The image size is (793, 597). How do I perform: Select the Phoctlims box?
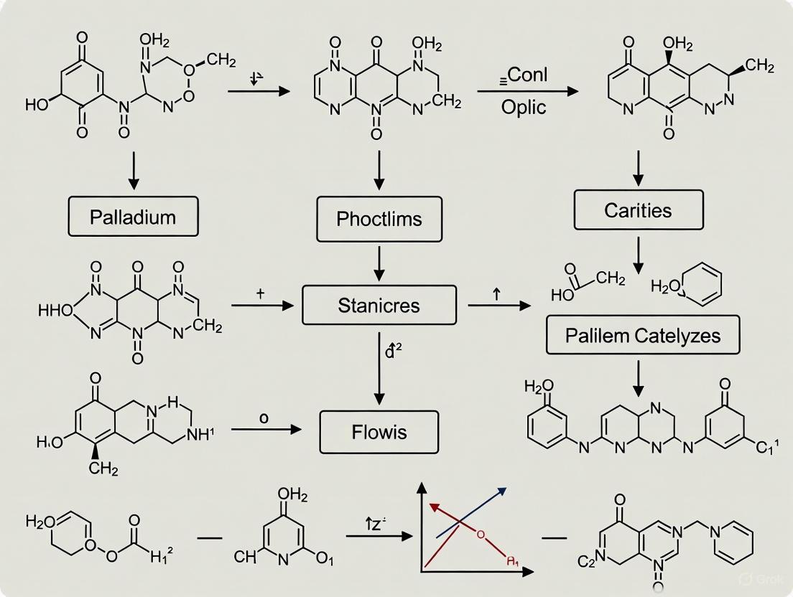pyautogui.click(x=380, y=219)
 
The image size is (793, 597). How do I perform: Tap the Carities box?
pyautogui.click(x=639, y=210)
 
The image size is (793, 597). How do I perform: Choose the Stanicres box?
pyautogui.click(x=379, y=305)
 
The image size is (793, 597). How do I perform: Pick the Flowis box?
pyautogui.click(x=379, y=432)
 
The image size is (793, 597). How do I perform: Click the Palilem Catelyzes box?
pyautogui.click(x=642, y=335)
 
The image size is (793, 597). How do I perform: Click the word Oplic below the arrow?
pyautogui.click(x=523, y=107)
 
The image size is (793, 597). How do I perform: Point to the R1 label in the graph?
pyautogui.click(x=511, y=561)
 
